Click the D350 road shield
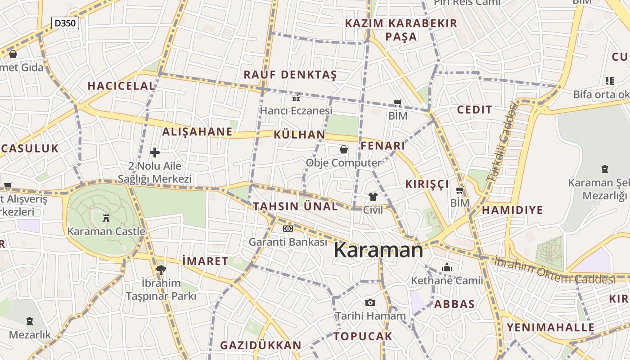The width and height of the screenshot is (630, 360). coord(65,23)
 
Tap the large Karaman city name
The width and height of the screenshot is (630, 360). coord(378,250)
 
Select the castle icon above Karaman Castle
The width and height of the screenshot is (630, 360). coord(106,218)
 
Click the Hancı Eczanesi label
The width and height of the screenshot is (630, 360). coord(296,110)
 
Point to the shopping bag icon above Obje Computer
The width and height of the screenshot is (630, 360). coord(344,149)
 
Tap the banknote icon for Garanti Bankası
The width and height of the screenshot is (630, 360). coord(288,229)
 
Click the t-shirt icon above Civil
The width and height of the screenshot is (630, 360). coord(373,197)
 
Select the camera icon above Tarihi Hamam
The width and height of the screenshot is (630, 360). coord(370,302)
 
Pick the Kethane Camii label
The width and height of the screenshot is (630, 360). coord(447,280)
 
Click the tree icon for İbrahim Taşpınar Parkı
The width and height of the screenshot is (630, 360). coord(161,270)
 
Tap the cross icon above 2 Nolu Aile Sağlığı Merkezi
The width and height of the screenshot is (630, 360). coord(155,153)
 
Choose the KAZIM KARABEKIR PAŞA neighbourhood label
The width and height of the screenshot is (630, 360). coord(401,30)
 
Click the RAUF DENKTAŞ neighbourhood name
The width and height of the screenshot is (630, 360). coord(290,75)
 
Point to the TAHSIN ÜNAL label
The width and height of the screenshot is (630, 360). coord(295,207)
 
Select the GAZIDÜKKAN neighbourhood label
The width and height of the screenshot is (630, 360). coord(261,345)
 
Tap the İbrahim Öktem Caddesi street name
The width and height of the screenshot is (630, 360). coord(555,270)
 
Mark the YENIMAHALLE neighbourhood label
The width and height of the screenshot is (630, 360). coord(551,327)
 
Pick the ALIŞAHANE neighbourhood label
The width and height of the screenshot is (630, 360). coord(197,132)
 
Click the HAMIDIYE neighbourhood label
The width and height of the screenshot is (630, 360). coord(513,210)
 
